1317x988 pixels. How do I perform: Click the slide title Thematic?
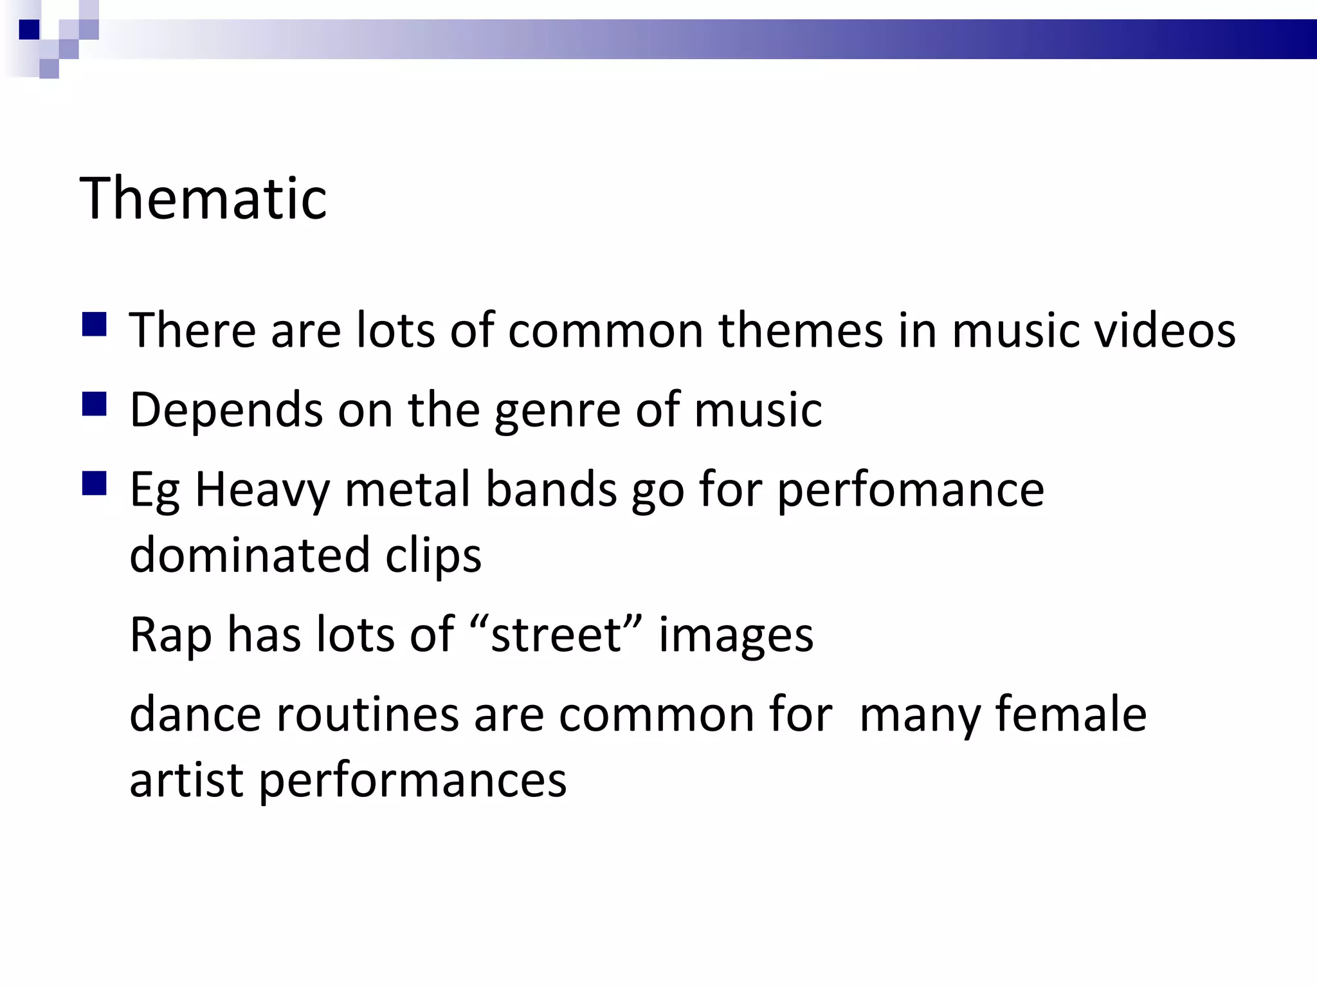tap(203, 198)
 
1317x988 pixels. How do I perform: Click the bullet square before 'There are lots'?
tap(94, 325)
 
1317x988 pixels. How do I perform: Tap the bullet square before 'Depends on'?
tap(94, 405)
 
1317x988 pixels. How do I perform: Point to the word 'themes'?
tap(801, 330)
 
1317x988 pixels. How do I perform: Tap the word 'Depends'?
tap(226, 410)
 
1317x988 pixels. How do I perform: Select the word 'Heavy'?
tap(262, 490)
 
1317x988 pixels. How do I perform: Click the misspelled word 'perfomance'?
tap(911, 490)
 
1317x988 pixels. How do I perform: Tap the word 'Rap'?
tap(170, 635)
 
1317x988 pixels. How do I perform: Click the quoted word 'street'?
tap(556, 635)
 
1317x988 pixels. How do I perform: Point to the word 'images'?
tap(736, 635)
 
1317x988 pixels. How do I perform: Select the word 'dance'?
tap(195, 714)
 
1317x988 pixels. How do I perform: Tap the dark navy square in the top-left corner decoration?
tap(29, 30)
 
